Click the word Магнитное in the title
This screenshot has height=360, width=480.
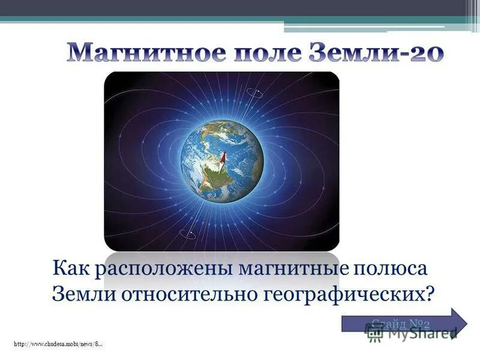point(131,53)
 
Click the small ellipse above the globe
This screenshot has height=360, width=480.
point(253,92)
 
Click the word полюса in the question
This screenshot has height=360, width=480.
point(391,268)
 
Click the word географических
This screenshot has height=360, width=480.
point(341,294)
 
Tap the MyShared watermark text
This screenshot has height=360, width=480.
point(421,333)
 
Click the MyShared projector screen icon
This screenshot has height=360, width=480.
point(376,334)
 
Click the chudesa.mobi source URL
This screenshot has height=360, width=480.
point(57,343)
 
